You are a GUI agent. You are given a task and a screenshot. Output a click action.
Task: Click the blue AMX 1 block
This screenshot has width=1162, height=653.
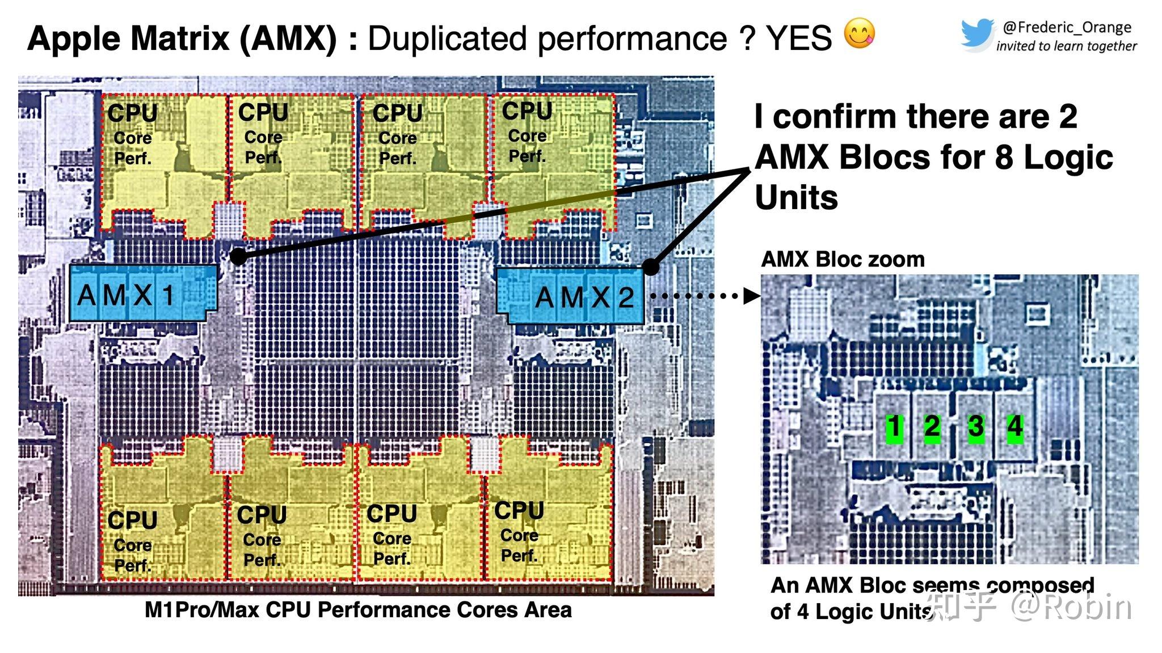(x=142, y=293)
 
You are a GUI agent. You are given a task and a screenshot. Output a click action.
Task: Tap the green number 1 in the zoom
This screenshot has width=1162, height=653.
(x=894, y=427)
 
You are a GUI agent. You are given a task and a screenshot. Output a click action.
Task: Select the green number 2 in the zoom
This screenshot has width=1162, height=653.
(x=932, y=427)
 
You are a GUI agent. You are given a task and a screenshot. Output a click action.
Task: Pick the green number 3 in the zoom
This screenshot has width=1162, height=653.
(x=976, y=427)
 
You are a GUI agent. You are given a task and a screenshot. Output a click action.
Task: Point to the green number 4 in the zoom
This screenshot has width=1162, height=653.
(x=1014, y=426)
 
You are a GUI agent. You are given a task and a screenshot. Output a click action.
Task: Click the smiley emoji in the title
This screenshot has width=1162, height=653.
(x=859, y=33)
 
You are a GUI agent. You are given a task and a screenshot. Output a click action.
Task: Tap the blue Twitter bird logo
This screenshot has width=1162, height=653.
(x=976, y=34)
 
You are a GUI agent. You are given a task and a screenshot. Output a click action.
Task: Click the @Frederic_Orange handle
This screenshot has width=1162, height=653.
(x=1067, y=27)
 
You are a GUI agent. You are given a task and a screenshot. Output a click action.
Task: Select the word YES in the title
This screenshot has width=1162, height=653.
(x=799, y=39)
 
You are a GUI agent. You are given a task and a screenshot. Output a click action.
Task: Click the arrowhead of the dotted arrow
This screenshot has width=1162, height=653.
(x=752, y=295)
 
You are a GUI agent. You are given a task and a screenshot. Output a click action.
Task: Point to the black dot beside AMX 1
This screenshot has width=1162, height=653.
(x=239, y=257)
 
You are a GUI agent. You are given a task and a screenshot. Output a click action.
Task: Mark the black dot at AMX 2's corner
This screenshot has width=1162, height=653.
(x=651, y=266)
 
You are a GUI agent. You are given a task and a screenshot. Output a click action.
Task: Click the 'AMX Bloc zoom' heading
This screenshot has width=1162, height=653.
(x=843, y=260)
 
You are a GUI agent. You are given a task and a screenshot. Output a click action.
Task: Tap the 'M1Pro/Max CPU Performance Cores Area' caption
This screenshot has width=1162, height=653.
(x=358, y=610)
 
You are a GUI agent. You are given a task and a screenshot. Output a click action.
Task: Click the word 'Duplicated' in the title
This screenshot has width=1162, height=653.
(x=448, y=39)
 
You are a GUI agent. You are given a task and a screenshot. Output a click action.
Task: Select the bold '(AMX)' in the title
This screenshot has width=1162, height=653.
(x=288, y=39)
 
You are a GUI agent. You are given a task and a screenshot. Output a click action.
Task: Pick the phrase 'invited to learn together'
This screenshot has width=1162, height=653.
(x=1067, y=46)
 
